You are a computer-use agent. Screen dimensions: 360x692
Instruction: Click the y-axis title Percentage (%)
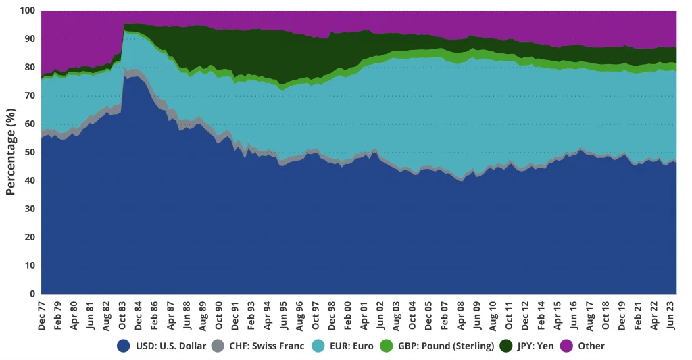(x=10, y=152)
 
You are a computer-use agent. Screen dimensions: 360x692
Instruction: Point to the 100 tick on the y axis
(x=27, y=11)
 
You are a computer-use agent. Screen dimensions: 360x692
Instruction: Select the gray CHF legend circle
(x=217, y=346)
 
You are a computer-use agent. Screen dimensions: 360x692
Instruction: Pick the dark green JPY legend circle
(x=506, y=346)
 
